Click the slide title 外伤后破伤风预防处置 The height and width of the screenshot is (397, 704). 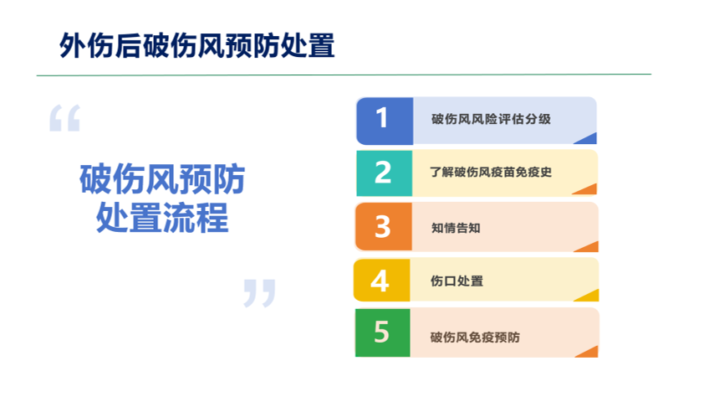click(x=197, y=46)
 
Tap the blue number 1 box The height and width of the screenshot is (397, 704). click(x=385, y=121)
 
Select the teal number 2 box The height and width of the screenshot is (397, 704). click(x=385, y=173)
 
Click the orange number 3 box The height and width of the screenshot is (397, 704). click(x=384, y=226)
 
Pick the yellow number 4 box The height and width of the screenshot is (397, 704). click(x=381, y=280)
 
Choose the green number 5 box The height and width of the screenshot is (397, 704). click(x=383, y=333)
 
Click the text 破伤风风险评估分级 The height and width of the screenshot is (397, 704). click(x=491, y=119)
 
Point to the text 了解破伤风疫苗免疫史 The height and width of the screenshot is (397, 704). click(x=491, y=173)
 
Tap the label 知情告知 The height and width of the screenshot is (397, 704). click(x=456, y=228)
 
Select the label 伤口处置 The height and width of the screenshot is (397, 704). click(x=457, y=281)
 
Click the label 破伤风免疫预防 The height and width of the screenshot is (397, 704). click(x=475, y=338)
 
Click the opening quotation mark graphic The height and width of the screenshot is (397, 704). click(x=64, y=118)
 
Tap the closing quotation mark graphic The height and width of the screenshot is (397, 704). click(x=259, y=293)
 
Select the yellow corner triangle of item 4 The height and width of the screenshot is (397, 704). click(x=589, y=296)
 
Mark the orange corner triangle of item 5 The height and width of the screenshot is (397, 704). click(x=589, y=353)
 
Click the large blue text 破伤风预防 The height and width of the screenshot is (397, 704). click(x=162, y=179)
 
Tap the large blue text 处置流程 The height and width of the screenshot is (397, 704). click(x=162, y=218)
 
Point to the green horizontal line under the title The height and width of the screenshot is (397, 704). click(x=344, y=75)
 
